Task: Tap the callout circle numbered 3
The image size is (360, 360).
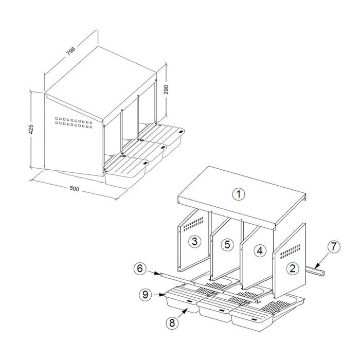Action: [x=194, y=241]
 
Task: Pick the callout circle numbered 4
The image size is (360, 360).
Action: [x=260, y=250]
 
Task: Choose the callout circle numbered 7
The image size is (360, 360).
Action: [x=333, y=246]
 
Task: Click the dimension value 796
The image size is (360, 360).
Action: [x=70, y=51]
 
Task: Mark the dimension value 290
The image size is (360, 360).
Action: [x=166, y=89]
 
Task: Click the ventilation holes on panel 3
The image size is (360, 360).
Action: [x=191, y=224]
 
